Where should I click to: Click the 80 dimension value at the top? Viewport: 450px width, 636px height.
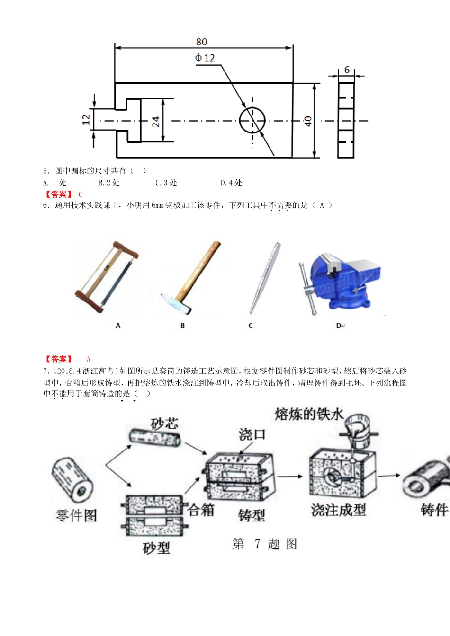[x=201, y=42]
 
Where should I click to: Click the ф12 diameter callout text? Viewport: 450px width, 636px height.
[x=205, y=58]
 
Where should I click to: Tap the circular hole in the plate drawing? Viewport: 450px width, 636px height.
[x=252, y=121]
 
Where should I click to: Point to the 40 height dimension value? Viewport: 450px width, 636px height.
[x=308, y=121]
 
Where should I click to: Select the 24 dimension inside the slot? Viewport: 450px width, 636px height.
[x=156, y=122]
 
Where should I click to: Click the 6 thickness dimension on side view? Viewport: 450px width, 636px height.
[x=347, y=70]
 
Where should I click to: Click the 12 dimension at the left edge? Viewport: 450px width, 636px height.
[x=86, y=119]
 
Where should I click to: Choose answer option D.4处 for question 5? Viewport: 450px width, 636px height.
[x=231, y=183]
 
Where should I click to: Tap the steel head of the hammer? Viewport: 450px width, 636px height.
[x=176, y=303]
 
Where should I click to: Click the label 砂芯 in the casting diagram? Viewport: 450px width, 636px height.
[x=164, y=424]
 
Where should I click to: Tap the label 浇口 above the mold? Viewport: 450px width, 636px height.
[x=252, y=434]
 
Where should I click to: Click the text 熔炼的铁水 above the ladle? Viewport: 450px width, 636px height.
[x=309, y=414]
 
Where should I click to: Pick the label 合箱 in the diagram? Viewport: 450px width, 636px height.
[x=201, y=510]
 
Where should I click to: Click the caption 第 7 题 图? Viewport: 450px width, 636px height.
[x=265, y=544]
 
